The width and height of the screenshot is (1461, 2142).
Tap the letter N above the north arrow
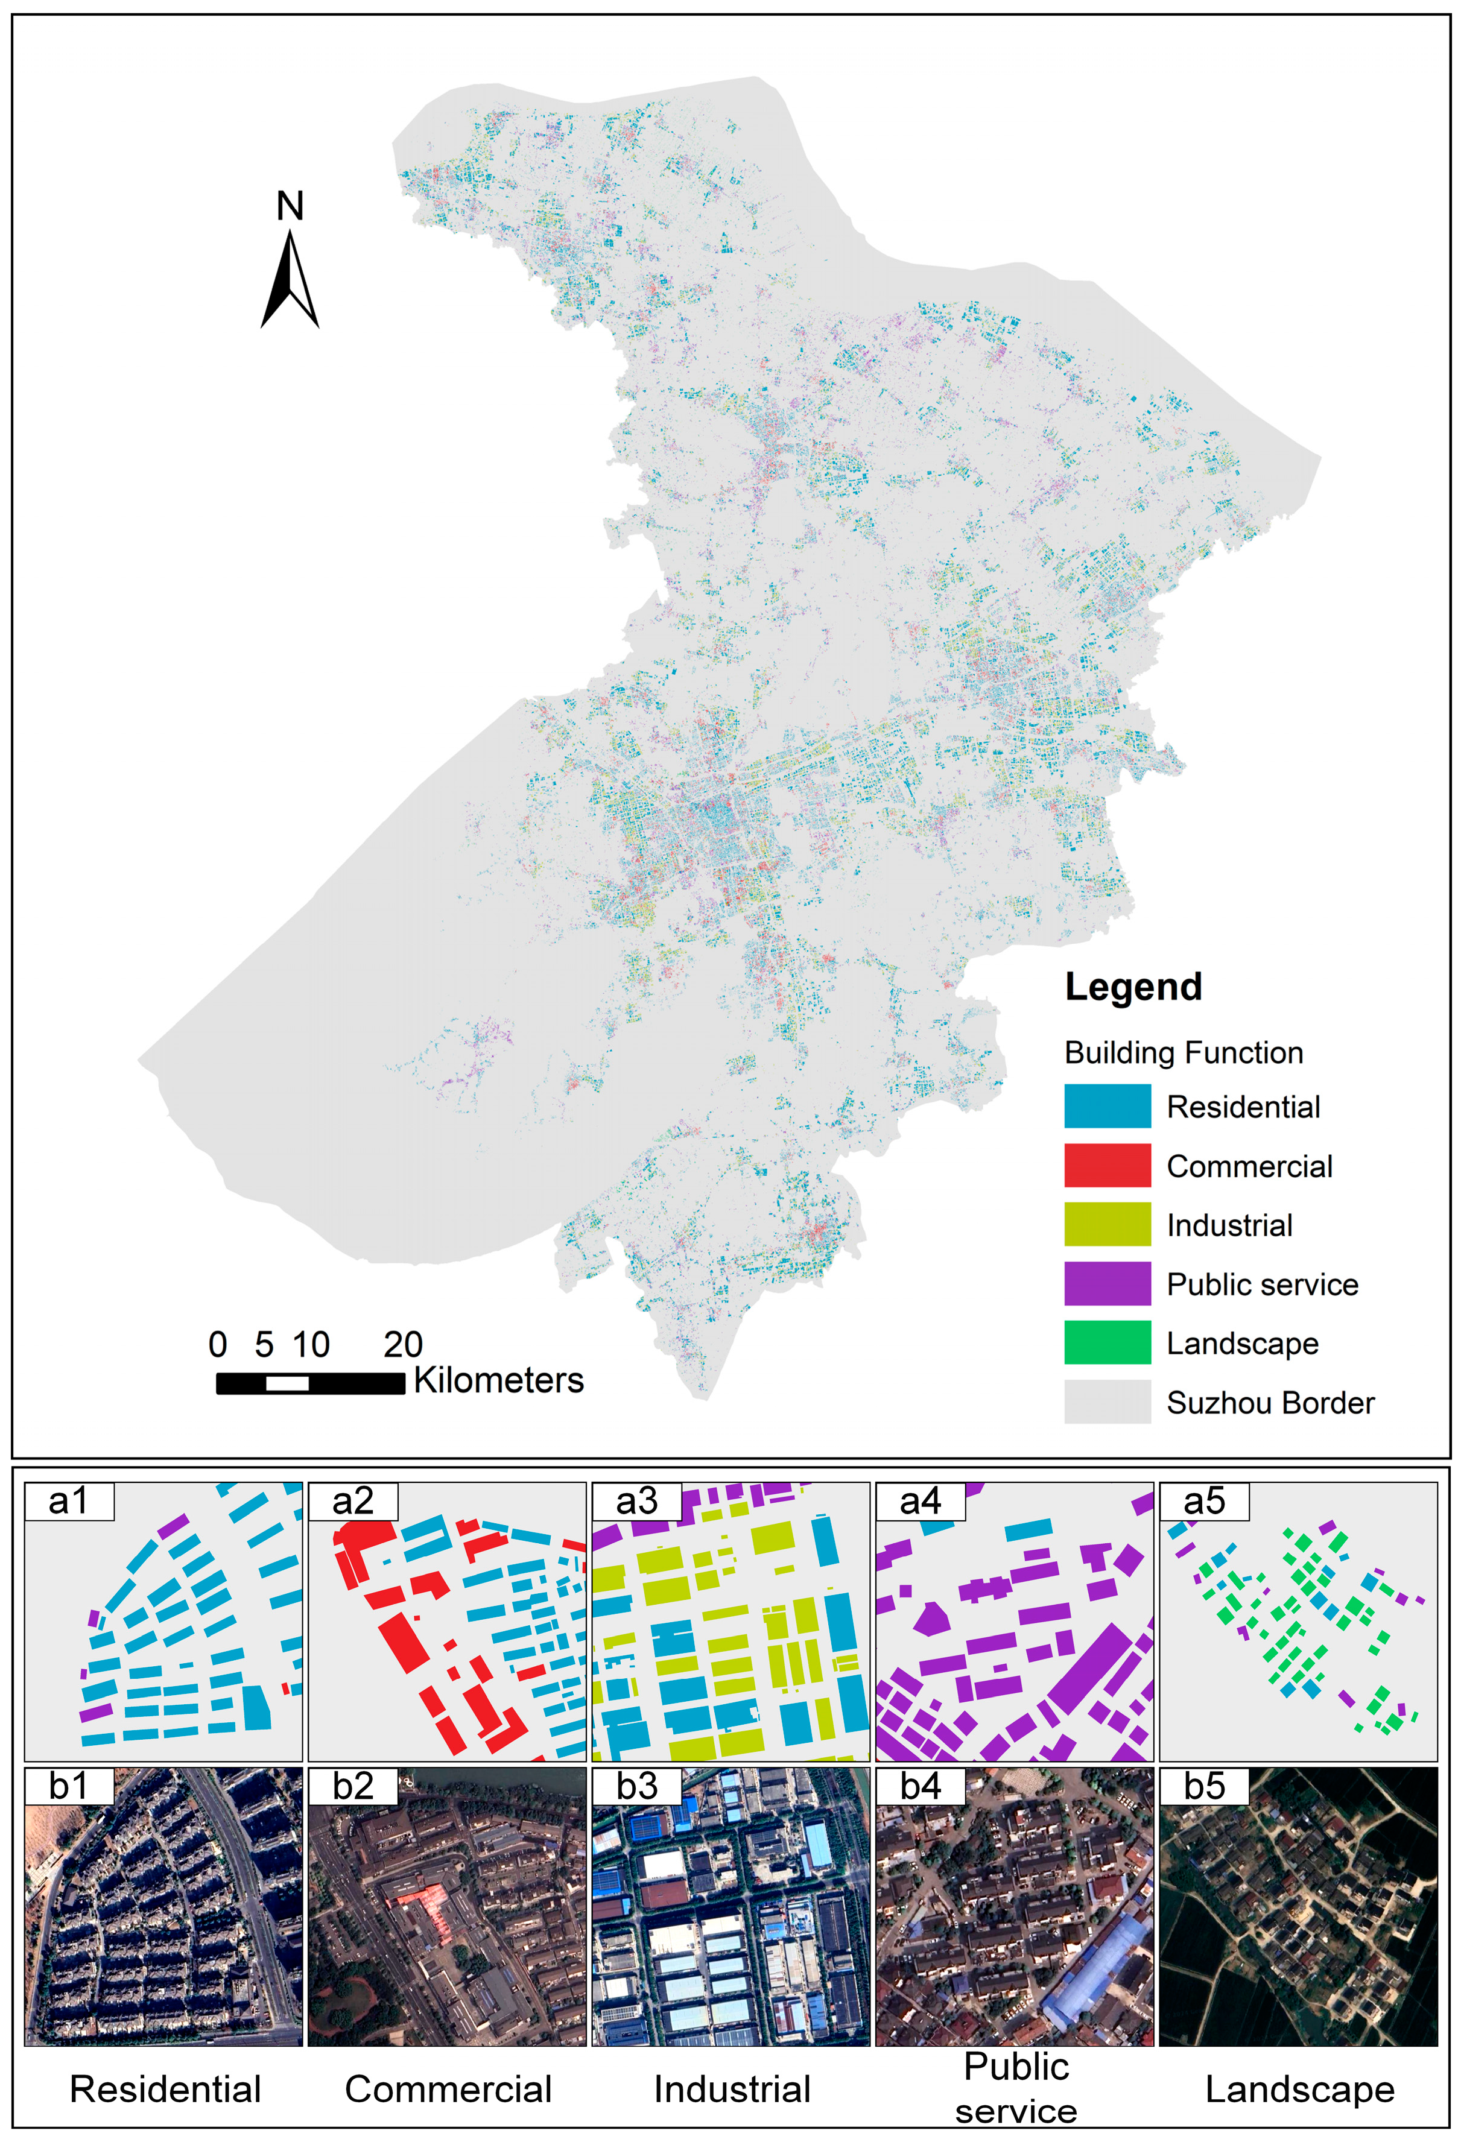290,206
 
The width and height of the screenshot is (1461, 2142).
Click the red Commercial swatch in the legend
1106,1165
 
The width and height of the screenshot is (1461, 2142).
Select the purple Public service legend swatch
1106,1283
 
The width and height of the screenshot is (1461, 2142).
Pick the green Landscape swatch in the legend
1106,1342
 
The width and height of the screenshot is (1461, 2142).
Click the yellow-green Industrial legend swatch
1106,1224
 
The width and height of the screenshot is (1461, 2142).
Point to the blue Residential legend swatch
1106,1106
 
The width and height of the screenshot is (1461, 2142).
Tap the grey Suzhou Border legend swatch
1106,1401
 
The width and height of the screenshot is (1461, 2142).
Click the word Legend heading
1133,986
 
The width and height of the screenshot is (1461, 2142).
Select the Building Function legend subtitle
1183,1052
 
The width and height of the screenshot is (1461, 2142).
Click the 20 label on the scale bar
403,1345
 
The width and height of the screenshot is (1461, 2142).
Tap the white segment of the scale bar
287,1383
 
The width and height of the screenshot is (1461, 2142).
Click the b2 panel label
352,1786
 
